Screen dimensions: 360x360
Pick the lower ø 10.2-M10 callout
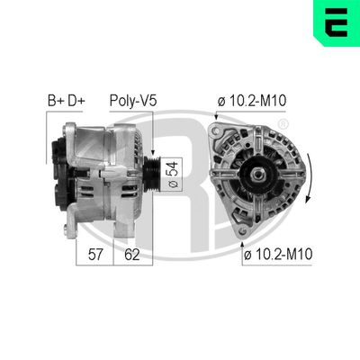pos(278,255)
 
